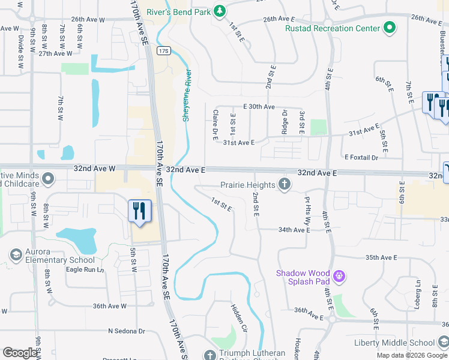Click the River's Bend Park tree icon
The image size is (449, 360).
(220, 10)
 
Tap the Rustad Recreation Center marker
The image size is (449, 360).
(390, 28)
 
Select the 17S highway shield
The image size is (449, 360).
(164, 51)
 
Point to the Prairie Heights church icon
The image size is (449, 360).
(285, 185)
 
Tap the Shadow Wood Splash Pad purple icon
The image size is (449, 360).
(339, 277)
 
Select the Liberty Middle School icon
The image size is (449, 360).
(443, 343)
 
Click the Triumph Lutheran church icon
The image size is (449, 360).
(209, 355)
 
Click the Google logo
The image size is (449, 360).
(20, 352)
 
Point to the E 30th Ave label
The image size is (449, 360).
(259, 106)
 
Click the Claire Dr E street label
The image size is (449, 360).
(214, 124)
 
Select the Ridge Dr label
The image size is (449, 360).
(285, 121)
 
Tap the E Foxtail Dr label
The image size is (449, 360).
(361, 157)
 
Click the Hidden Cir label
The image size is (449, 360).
(240, 319)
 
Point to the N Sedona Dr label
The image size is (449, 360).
(127, 331)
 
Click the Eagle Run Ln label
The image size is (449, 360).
(85, 270)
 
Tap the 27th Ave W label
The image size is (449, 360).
(55, 53)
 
